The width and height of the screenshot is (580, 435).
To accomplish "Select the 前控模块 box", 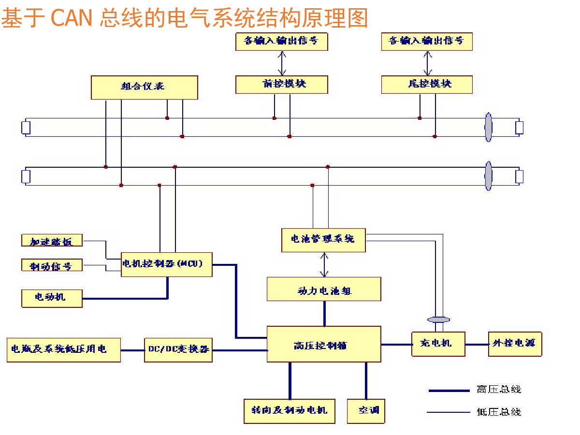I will (x=281, y=84).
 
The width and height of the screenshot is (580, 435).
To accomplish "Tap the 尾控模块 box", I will (x=426, y=84).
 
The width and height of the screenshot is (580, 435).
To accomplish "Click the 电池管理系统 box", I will (x=323, y=240).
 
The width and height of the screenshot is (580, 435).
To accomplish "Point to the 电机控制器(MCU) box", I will (x=166, y=264).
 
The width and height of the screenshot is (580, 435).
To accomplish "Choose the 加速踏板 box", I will (x=52, y=241).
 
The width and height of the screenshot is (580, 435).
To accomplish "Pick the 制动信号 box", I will (x=52, y=265).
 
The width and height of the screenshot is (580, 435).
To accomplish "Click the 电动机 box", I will (x=52, y=297).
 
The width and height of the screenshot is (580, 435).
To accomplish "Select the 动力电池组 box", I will (x=324, y=290).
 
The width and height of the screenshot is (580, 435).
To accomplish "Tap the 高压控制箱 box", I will (x=324, y=344).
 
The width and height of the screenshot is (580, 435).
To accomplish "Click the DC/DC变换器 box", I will (x=178, y=349).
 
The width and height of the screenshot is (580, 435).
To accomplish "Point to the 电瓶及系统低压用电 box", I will (x=63, y=349).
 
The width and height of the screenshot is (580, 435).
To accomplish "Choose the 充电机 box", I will (x=438, y=344).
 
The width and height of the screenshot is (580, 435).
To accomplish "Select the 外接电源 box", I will (x=515, y=344).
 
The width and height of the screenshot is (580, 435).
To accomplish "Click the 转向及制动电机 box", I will (x=290, y=411).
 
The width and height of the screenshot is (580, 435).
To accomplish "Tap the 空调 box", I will (x=366, y=411).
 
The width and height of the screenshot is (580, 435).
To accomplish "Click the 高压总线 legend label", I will (x=499, y=390).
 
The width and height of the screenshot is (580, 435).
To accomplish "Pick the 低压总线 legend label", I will (x=499, y=412).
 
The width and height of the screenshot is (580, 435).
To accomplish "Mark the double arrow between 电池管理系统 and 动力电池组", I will (x=324, y=264).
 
